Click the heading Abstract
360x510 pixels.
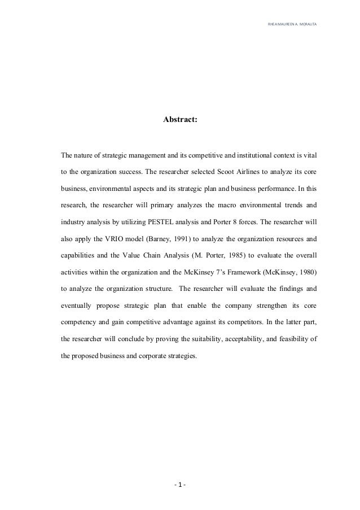click(x=180, y=120)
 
